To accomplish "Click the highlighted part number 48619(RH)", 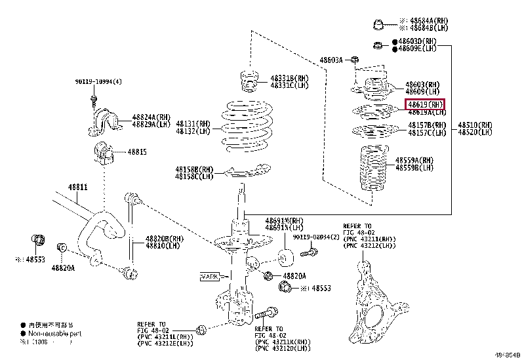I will click(426, 104).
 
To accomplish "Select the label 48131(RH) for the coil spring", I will click(193, 124).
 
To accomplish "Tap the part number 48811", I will click(78, 187).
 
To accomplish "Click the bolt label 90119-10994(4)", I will click(98, 83).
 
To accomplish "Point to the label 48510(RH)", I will click(475, 125).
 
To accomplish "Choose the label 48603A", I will click(331, 60).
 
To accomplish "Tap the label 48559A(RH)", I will click(414, 160).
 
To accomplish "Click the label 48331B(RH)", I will click(289, 78).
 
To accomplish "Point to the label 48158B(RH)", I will click(194, 169).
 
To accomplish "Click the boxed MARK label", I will click(209, 277).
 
